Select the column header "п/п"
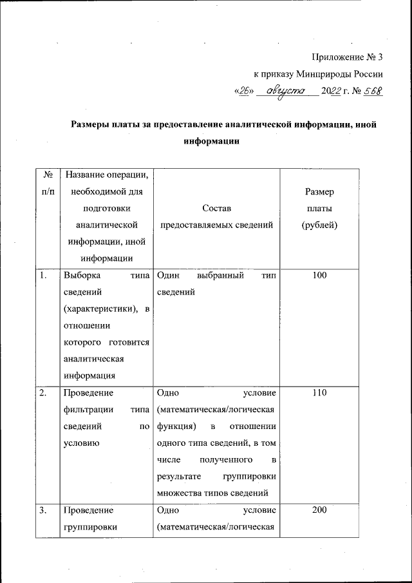[x=47, y=191]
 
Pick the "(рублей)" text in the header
[x=319, y=225]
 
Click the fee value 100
[x=319, y=276]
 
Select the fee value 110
[x=319, y=393]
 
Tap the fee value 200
[x=319, y=510]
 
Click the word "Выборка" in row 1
[x=82, y=276]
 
